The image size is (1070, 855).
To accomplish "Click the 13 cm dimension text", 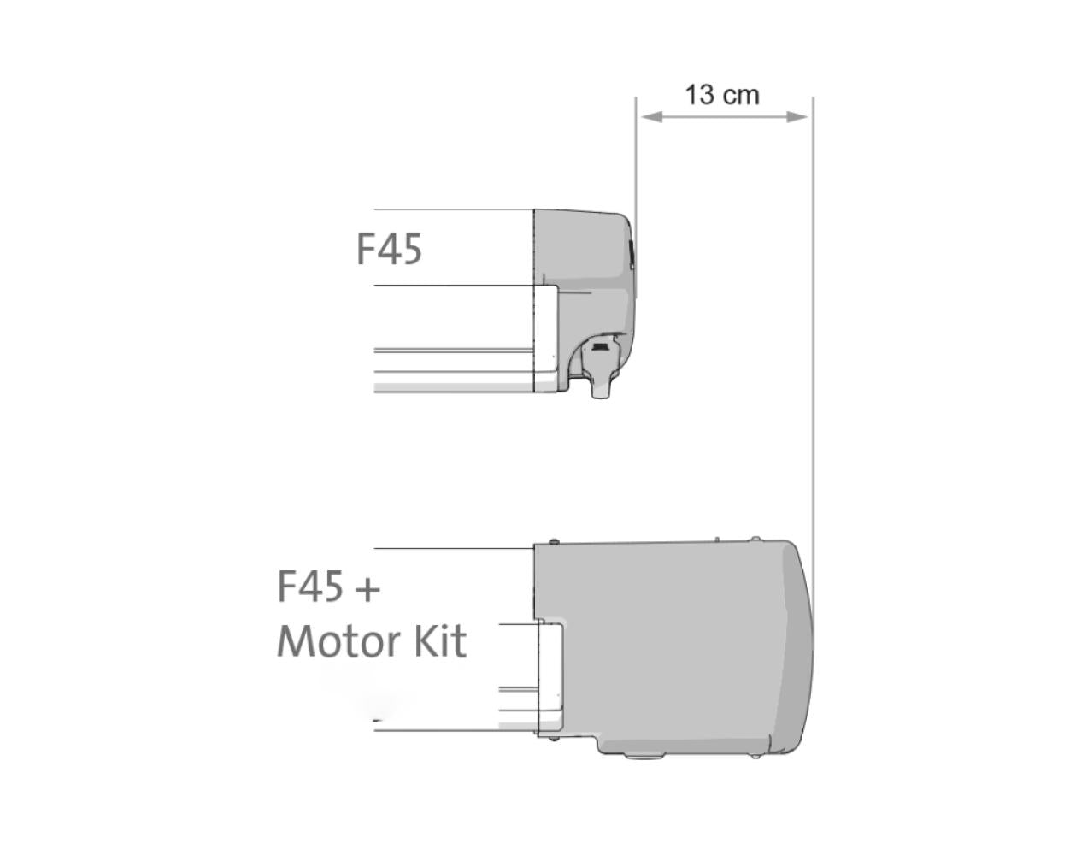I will [x=722, y=94].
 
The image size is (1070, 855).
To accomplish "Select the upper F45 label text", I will [x=389, y=250].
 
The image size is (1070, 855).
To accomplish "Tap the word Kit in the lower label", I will [x=440, y=641].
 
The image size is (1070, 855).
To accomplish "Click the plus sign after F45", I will [x=366, y=589].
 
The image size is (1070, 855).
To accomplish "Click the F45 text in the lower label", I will [x=310, y=587].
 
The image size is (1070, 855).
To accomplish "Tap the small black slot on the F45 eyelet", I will [x=602, y=347].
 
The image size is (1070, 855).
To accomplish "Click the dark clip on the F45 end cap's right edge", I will [x=632, y=253].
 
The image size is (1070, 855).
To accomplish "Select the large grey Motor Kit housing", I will [x=667, y=641].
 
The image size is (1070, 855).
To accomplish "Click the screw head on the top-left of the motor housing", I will [x=555, y=542].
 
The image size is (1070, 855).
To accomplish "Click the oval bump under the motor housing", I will [x=637, y=755].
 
